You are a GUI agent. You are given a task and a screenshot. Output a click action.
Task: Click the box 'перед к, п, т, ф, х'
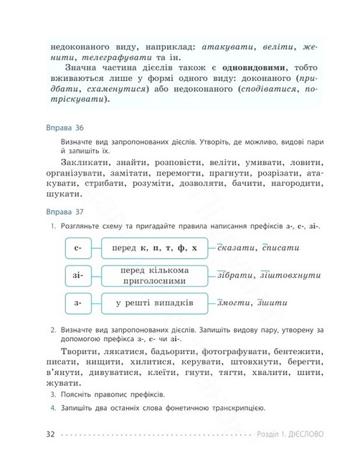point(154,248)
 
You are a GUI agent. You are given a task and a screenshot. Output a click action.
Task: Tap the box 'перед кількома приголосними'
point(154,275)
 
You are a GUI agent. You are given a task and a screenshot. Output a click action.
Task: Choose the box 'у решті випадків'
point(154,303)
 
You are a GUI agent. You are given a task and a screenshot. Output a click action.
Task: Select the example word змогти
point(234,303)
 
